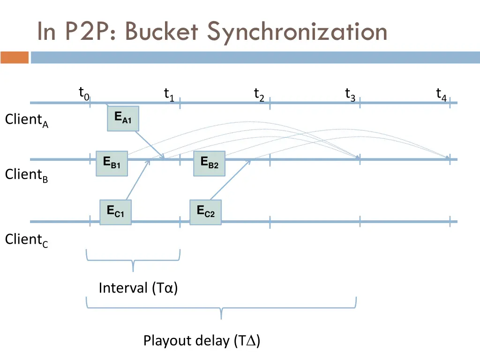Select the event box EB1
click(112, 164)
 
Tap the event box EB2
click(209, 163)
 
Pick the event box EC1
click(115, 212)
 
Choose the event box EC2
click(205, 212)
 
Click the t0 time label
click(83, 94)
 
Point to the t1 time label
click(169, 95)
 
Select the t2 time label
click(259, 95)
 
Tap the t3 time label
click(350, 95)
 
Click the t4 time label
click(441, 95)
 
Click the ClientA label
click(27, 120)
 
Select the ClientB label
click(27, 175)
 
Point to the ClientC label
click(27, 240)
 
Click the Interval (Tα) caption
click(138, 287)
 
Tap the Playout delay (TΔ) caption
click(202, 340)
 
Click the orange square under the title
click(15, 57)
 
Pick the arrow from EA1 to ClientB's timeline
click(149, 145)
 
